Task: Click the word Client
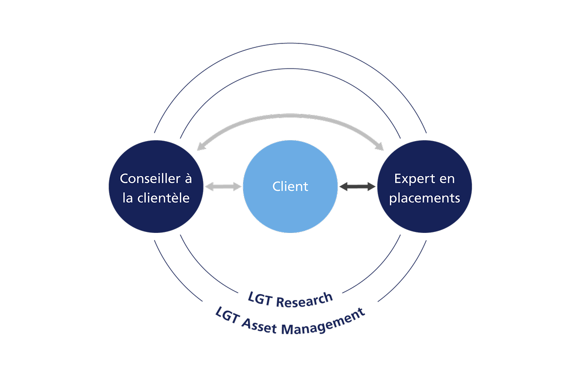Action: pos(290,187)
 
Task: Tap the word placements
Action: pos(424,198)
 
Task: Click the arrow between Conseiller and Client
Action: pos(223,187)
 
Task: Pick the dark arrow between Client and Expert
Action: pos(358,187)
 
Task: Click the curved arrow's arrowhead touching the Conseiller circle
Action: pos(201,147)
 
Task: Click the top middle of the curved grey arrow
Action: pos(290,116)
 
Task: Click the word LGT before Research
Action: pos(259,298)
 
